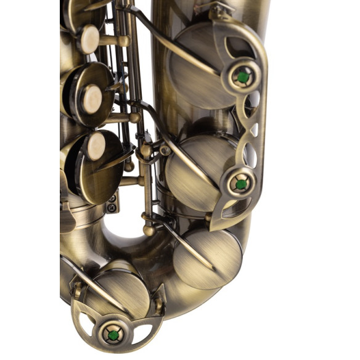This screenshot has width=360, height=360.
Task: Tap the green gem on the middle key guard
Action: [x=240, y=183]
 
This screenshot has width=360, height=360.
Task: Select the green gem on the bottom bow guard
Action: [x=113, y=335]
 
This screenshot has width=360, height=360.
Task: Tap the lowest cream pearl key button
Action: [x=96, y=147]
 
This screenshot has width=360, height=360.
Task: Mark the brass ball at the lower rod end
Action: [x=149, y=230]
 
